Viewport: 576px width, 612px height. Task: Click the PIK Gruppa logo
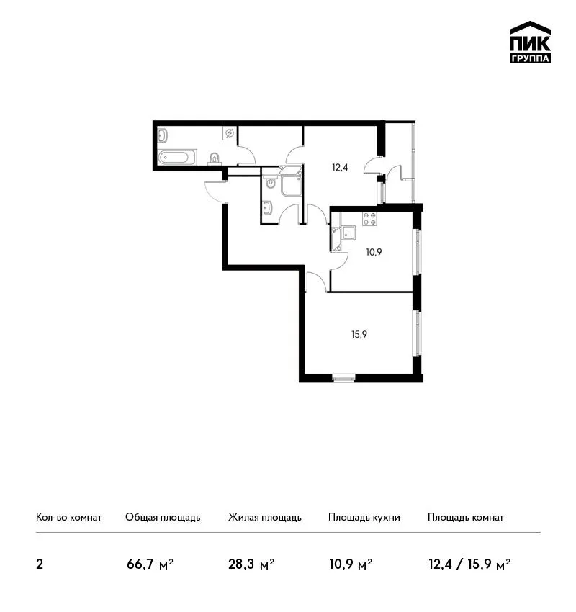pyautogui.click(x=530, y=42)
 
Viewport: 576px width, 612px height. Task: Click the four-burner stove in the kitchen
pyautogui.click(x=369, y=219)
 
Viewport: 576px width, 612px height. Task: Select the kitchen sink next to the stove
pyautogui.click(x=348, y=233)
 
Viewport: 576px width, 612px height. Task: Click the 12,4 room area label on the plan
pyautogui.click(x=340, y=168)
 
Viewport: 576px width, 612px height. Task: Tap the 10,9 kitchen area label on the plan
pyautogui.click(x=374, y=252)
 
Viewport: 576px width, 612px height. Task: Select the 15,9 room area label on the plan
pyautogui.click(x=359, y=335)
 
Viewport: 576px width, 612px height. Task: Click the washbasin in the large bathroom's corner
pyautogui.click(x=162, y=136)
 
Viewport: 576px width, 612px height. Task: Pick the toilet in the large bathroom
pyautogui.click(x=215, y=158)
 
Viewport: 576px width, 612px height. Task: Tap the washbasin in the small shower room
pyautogui.click(x=268, y=207)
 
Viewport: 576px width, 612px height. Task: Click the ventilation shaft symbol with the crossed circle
pyautogui.click(x=230, y=133)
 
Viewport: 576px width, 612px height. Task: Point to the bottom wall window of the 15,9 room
pyautogui.click(x=344, y=377)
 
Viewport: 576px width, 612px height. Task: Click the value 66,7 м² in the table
pyautogui.click(x=150, y=564)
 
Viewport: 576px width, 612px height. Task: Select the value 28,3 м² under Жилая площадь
pyautogui.click(x=251, y=564)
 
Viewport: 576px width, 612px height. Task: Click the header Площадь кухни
pyautogui.click(x=364, y=517)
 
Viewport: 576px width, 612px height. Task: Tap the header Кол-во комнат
pyautogui.click(x=68, y=517)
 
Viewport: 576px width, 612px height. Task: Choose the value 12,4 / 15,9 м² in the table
pyautogui.click(x=469, y=564)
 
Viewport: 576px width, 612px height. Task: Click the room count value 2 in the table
pyautogui.click(x=40, y=564)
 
